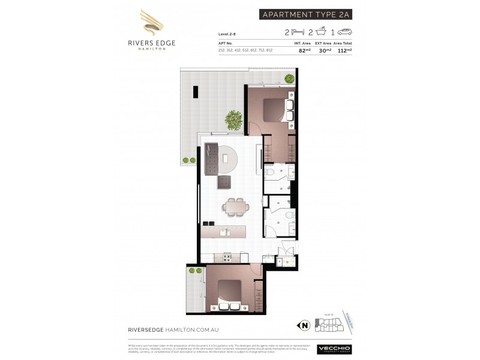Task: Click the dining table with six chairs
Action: coord(235,206)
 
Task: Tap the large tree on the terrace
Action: coord(233,119)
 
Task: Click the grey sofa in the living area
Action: coord(211,159)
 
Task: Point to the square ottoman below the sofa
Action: coord(224,182)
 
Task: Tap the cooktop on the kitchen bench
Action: coord(227,257)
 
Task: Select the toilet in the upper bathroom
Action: coord(271,173)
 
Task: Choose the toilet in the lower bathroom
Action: coord(288,215)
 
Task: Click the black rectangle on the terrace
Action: coord(196,92)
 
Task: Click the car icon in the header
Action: coord(345,32)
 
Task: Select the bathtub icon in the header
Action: coord(322,32)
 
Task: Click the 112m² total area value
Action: coord(344,50)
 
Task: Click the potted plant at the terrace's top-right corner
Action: coord(289,79)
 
